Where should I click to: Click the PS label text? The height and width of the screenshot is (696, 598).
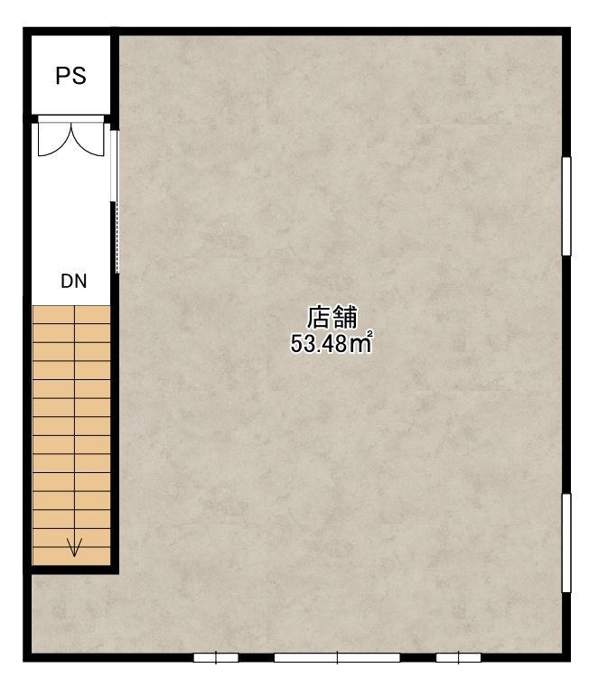click(x=70, y=76)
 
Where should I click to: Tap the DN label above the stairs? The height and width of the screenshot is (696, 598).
click(x=74, y=281)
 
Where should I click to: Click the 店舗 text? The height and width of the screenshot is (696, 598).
click(x=332, y=317)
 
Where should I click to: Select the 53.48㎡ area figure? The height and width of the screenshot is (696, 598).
click(x=332, y=343)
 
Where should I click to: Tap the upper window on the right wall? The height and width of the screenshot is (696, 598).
click(x=566, y=206)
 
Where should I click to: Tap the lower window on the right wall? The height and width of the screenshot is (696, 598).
click(x=566, y=543)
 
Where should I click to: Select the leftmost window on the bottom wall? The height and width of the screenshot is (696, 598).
click(x=216, y=657)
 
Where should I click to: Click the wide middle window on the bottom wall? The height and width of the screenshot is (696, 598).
click(x=337, y=657)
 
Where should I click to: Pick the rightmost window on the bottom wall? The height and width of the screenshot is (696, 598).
click(x=459, y=657)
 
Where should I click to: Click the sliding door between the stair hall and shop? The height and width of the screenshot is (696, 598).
click(x=115, y=201)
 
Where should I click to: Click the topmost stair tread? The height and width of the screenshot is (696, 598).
click(x=71, y=315)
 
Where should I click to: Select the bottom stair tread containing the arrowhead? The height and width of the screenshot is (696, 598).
click(x=71, y=556)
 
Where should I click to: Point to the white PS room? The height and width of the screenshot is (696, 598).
click(x=70, y=75)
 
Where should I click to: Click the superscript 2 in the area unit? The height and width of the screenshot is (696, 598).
click(x=369, y=333)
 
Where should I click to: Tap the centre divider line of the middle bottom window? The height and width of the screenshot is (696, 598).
click(x=337, y=657)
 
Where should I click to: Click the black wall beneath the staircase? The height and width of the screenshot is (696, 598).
click(x=71, y=570)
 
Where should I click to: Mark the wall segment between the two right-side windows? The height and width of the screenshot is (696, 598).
click(x=566, y=375)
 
